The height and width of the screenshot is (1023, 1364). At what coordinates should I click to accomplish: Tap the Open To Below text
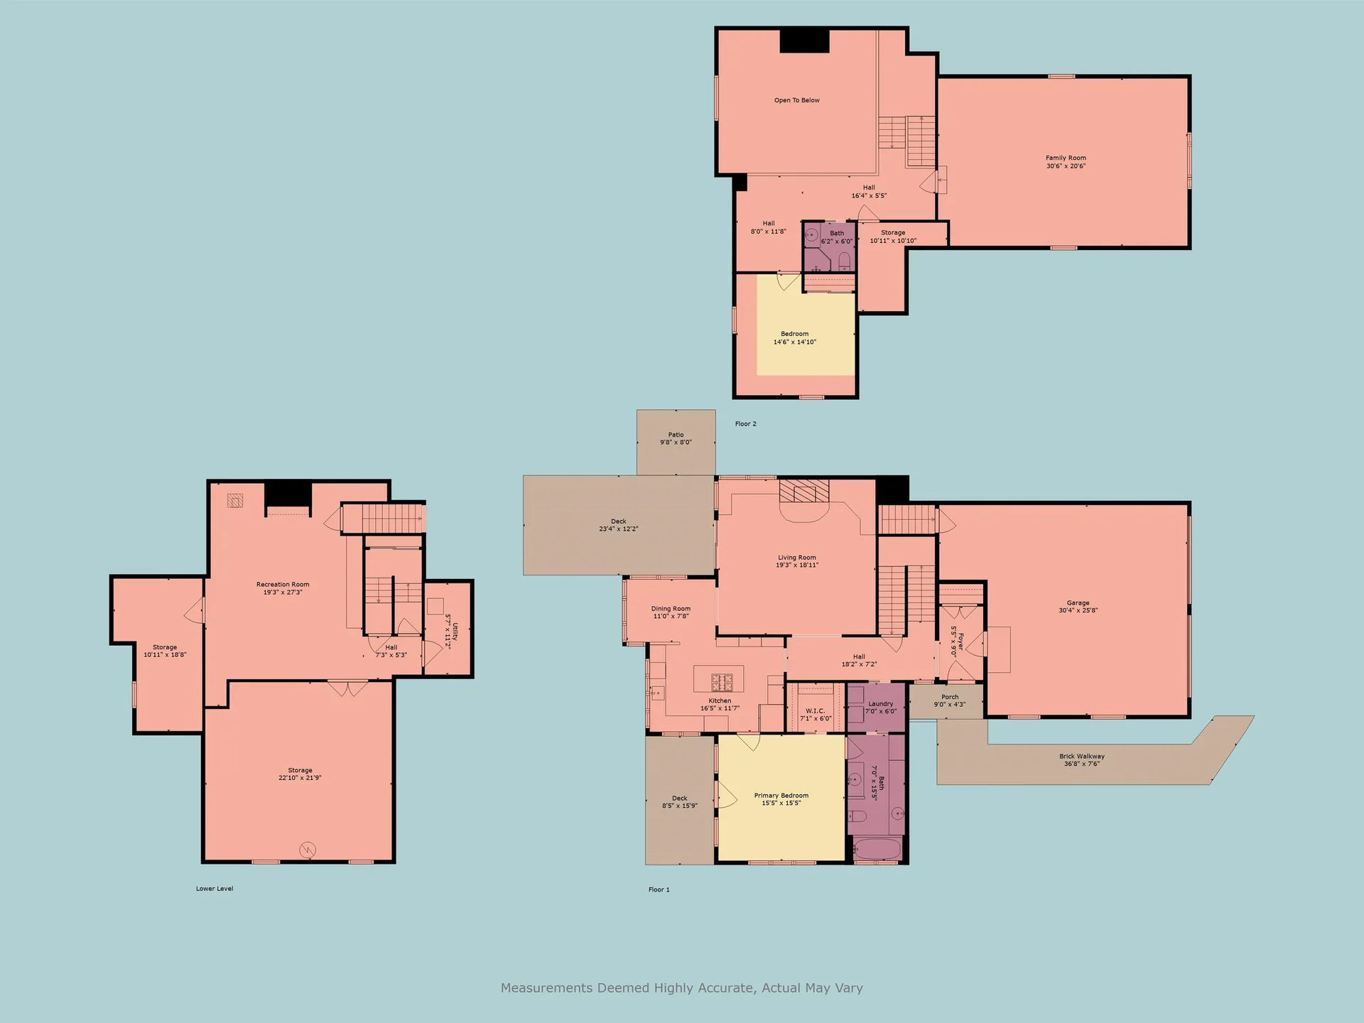(x=796, y=100)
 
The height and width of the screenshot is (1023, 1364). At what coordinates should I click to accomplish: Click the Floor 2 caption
(x=745, y=424)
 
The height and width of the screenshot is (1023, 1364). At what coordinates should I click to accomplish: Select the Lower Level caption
(x=215, y=889)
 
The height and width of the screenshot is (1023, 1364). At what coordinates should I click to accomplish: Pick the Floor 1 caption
(x=659, y=889)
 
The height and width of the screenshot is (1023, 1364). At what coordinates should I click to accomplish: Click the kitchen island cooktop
(x=722, y=683)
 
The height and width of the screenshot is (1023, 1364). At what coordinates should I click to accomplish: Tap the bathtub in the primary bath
(x=877, y=849)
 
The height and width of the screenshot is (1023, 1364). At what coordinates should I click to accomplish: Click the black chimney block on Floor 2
(x=805, y=41)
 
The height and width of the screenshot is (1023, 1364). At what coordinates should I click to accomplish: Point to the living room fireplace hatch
(x=804, y=491)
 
